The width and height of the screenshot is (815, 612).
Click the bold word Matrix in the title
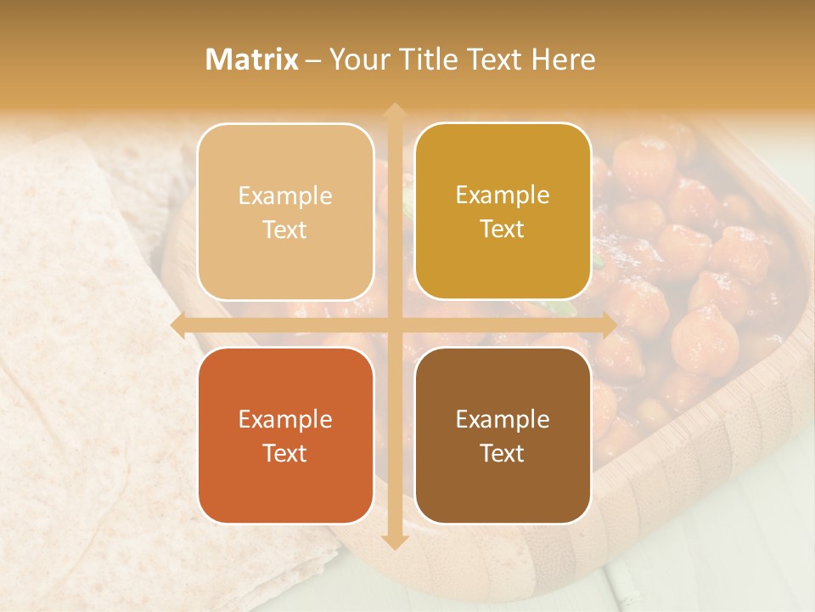252,59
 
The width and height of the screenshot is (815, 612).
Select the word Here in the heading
564,59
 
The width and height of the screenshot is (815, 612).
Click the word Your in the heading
355,59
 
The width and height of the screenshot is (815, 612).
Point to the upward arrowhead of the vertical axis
393,110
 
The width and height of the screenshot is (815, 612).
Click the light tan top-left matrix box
285,212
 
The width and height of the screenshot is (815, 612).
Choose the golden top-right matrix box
503,212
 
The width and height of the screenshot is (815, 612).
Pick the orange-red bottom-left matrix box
285,435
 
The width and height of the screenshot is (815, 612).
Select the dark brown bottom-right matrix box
503,435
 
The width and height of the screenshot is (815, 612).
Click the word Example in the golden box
503,195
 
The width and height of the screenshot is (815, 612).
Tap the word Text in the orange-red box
285,453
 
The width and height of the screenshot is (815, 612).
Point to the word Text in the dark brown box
503,453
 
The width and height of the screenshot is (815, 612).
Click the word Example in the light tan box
285,196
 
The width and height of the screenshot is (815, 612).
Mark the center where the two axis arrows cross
393,325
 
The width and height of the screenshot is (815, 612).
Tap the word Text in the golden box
503,229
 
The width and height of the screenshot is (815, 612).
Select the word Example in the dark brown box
503,419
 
